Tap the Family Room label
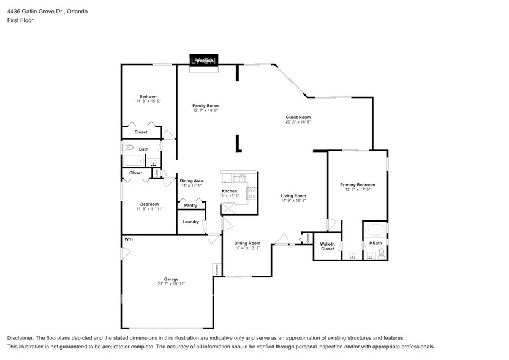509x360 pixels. coord(205,106)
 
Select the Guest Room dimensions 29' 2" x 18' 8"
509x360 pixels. coord(298,122)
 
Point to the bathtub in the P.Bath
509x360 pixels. coord(375,231)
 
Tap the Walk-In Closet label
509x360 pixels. coord(327,246)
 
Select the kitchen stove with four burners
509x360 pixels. coord(251,194)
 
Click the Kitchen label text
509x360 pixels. coord(229,191)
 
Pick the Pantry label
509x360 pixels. coord(190,205)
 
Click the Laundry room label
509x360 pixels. coord(190,222)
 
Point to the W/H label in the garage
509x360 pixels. coord(129,239)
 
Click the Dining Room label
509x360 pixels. coord(247,243)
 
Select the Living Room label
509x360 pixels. coord(293,196)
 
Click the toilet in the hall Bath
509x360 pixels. coord(128,148)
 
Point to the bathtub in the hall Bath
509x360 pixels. coord(132,162)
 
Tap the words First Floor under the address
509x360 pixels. coord(20,20)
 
